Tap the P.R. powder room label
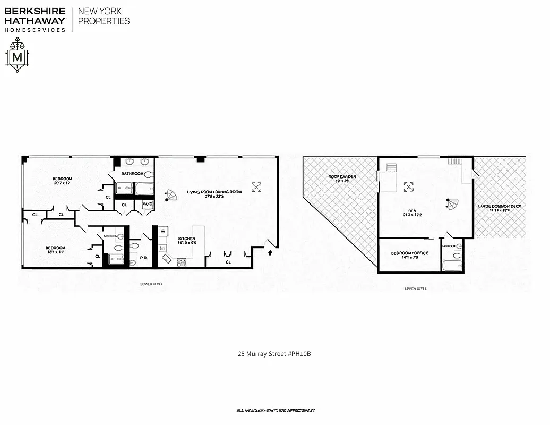click(143, 259)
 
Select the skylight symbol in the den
click(408, 186)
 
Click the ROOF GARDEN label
click(342, 176)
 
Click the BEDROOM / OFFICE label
click(409, 253)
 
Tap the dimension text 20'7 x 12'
click(62, 183)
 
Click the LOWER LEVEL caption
click(151, 284)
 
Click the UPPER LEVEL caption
click(415, 288)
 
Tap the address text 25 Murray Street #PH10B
click(273, 353)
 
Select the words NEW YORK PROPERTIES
click(104, 16)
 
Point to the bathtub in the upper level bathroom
click(452, 263)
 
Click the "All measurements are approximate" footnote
click(276, 411)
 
